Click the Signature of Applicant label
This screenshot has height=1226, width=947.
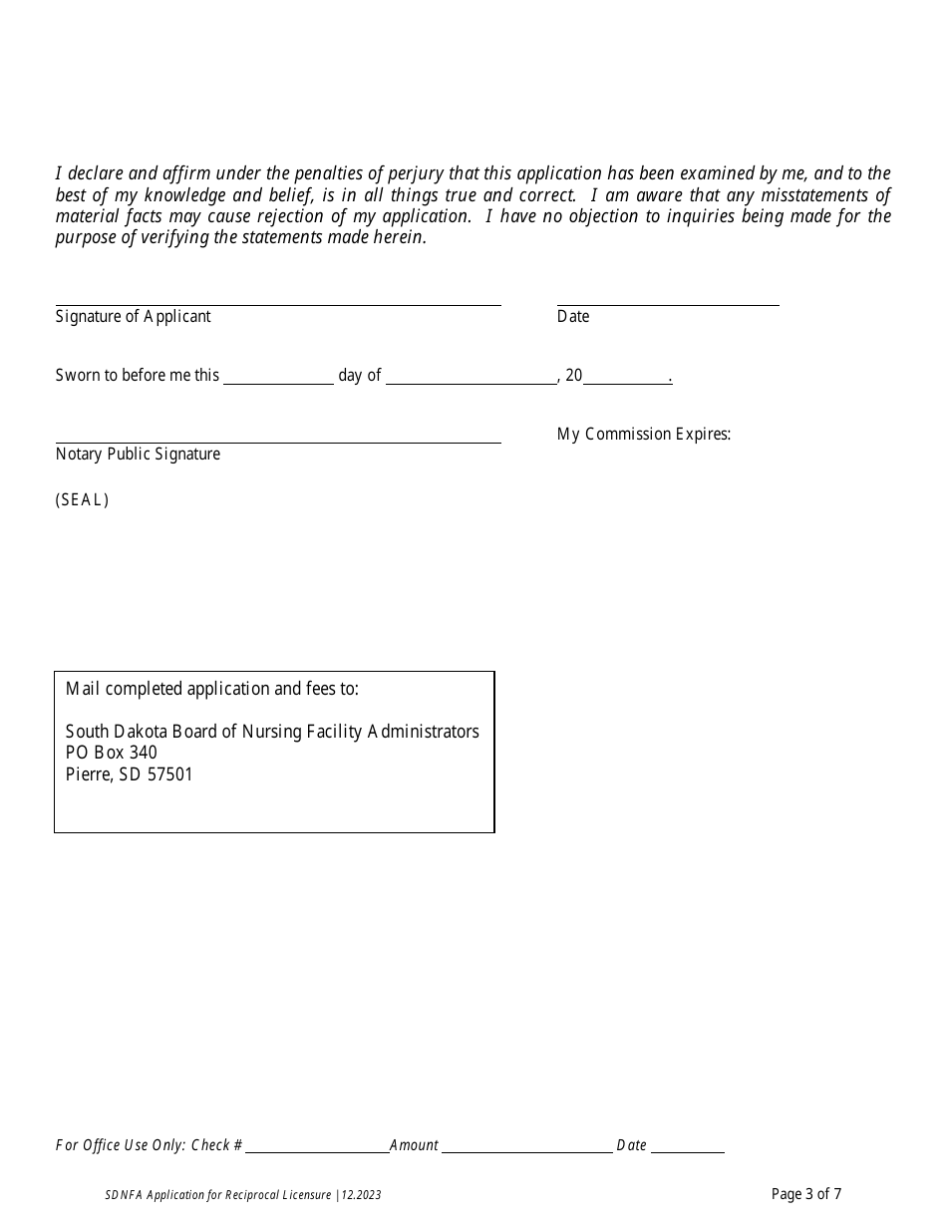coord(134,316)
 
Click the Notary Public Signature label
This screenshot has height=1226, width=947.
coord(138,454)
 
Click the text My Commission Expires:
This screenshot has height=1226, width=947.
coord(644,434)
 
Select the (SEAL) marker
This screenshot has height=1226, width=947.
coord(82,500)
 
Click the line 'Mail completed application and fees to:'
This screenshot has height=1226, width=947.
coord(211,689)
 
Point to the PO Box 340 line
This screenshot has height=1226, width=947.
coord(111,753)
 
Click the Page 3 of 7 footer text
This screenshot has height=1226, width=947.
coord(806,1194)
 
